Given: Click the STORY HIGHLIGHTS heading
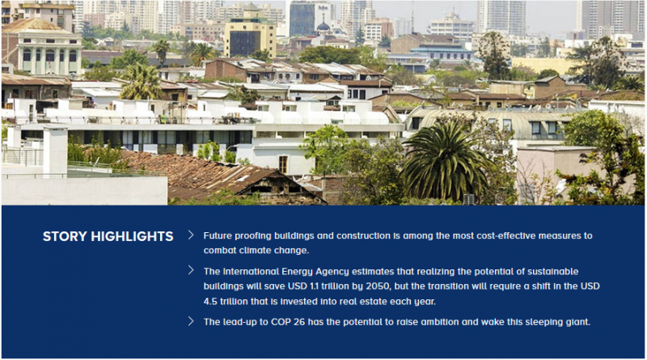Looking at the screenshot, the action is (x=108, y=236).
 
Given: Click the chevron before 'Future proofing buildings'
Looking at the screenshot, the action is (x=191, y=235).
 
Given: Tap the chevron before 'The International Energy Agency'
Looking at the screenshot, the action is (x=191, y=270).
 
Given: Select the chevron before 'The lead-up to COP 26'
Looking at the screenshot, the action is (x=191, y=321).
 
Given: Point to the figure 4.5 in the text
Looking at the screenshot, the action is (x=210, y=302).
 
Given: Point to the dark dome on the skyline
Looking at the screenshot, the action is (x=323, y=27).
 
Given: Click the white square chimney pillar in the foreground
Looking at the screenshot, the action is (x=55, y=151).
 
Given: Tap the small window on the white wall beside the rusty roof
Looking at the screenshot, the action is (x=283, y=164).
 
